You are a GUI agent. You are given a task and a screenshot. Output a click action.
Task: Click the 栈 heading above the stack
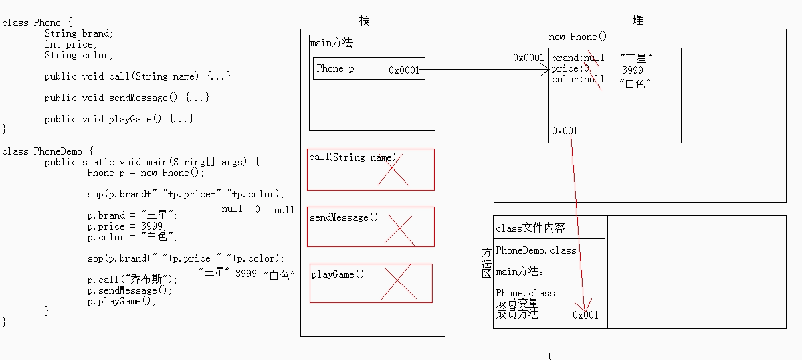click(364, 21)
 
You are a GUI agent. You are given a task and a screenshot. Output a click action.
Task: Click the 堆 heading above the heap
click(638, 21)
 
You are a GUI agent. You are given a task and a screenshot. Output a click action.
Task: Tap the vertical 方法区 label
click(486, 263)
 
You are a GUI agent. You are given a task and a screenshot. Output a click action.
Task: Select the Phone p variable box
click(369, 68)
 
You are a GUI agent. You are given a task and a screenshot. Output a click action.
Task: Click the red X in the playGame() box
click(398, 282)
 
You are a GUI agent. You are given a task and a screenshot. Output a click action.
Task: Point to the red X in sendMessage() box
click(399, 230)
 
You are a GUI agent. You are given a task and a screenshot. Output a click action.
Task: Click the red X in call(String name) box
click(394, 169)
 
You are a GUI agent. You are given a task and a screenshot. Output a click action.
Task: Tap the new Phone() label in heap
click(577, 37)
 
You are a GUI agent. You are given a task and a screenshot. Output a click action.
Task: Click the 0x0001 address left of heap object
click(528, 58)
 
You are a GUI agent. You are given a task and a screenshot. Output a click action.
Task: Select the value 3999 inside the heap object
click(633, 70)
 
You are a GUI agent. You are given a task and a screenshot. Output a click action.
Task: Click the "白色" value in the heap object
click(635, 84)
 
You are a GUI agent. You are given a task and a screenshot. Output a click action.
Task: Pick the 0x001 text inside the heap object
click(565, 131)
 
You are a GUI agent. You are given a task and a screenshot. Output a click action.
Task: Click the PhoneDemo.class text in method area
click(536, 250)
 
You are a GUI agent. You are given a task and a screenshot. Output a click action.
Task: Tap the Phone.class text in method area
click(525, 294)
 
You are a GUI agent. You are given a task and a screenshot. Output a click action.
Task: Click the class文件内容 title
click(530, 228)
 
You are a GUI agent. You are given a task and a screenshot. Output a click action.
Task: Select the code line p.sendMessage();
click(129, 290)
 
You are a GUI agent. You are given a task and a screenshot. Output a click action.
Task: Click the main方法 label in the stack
click(331, 43)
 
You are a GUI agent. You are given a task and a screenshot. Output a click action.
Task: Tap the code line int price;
click(71, 44)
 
